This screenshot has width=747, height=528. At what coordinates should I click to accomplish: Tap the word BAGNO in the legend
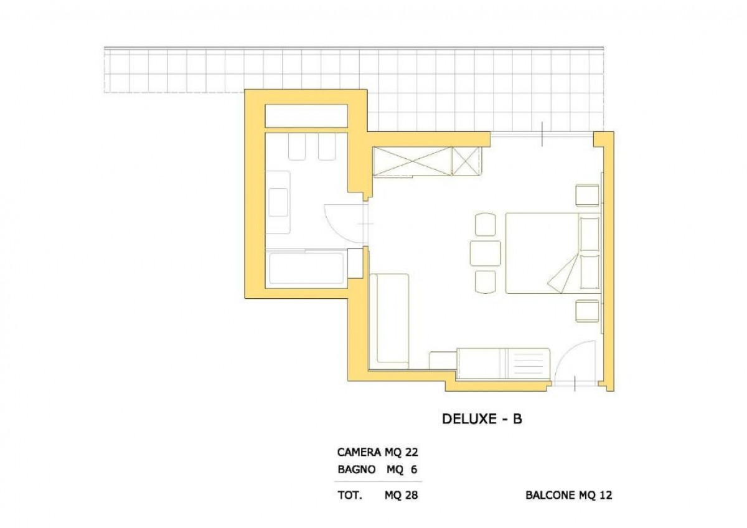click(x=356, y=470)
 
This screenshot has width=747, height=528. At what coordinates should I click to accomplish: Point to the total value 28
click(x=410, y=496)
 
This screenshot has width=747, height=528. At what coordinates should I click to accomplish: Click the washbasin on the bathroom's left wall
click(x=278, y=202)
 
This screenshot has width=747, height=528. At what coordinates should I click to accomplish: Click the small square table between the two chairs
click(x=486, y=253)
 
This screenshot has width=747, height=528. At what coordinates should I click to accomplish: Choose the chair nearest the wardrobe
click(x=486, y=224)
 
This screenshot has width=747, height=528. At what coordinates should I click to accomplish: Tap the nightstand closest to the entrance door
click(x=587, y=311)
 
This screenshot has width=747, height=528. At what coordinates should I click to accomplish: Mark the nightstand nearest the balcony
click(x=587, y=195)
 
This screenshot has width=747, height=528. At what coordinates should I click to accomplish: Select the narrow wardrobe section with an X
click(x=466, y=161)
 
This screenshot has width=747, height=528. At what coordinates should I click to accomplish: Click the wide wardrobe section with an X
click(x=411, y=161)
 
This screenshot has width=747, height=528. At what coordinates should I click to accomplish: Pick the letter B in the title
click(x=517, y=419)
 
